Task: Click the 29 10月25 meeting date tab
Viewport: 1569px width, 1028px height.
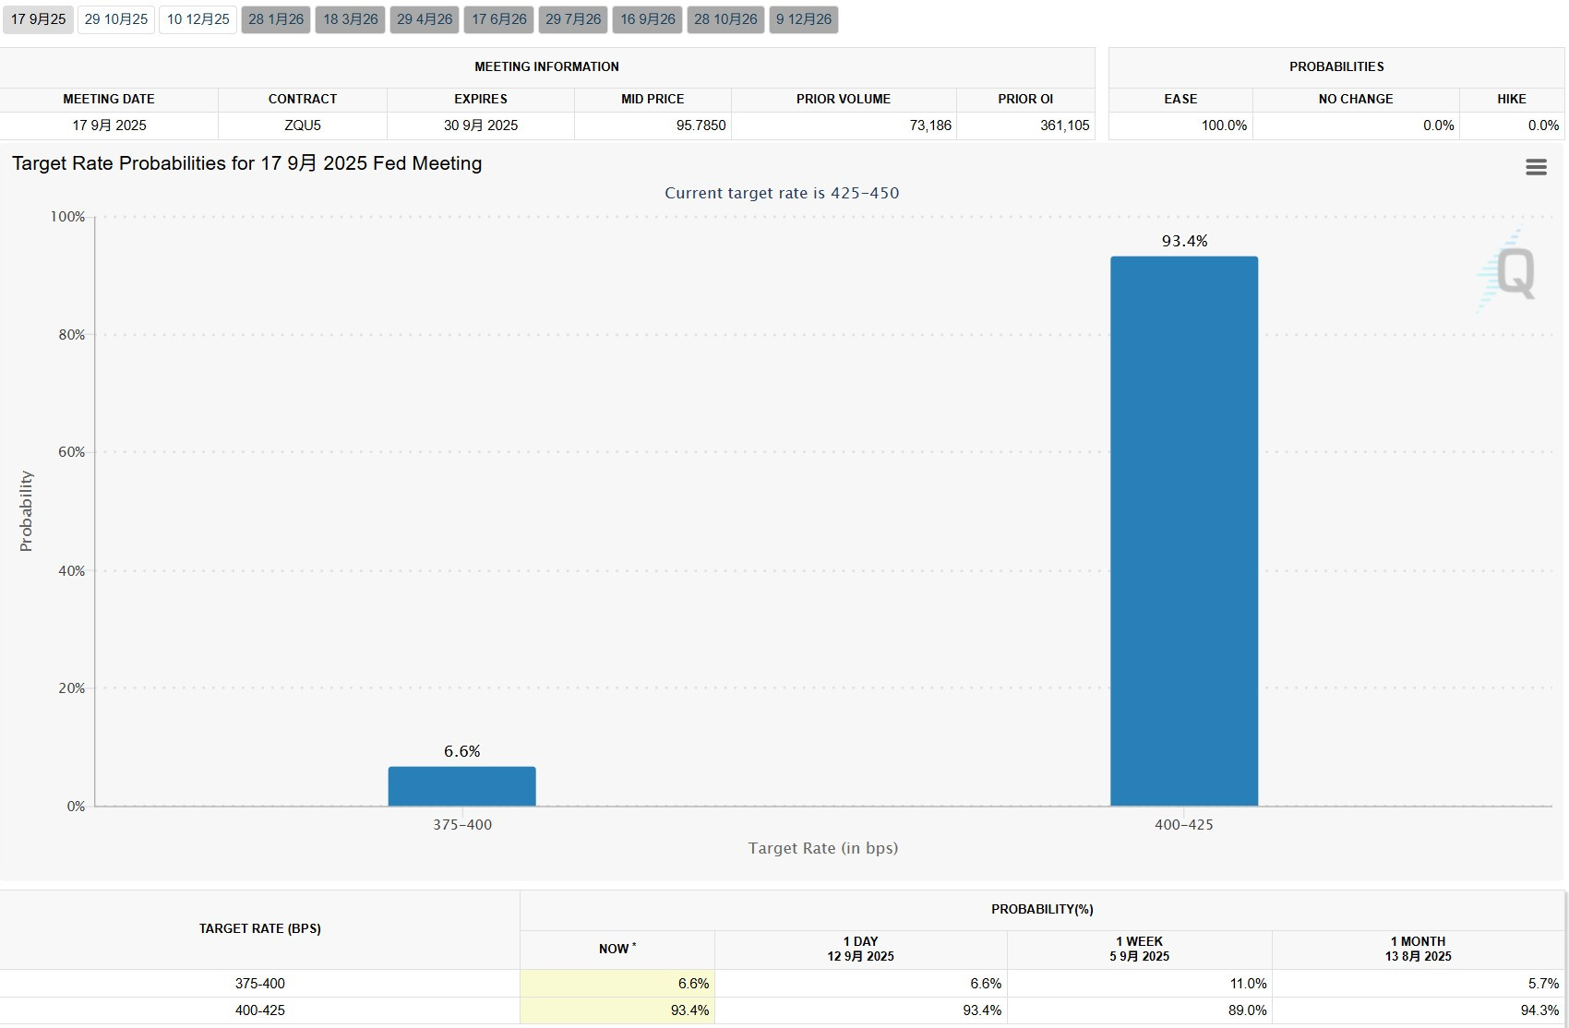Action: [x=116, y=18]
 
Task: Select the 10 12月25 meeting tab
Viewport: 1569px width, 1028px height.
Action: [x=198, y=18]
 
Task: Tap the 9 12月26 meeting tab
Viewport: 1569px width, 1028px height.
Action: [x=803, y=18]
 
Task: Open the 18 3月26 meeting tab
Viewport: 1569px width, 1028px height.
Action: [x=350, y=18]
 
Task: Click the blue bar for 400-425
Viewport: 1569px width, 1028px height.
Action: [x=1184, y=531]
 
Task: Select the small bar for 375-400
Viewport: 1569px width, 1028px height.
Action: [x=462, y=786]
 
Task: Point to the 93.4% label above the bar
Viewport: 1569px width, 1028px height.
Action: [x=1184, y=241]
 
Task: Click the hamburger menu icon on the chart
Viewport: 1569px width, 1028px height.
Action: [x=1536, y=167]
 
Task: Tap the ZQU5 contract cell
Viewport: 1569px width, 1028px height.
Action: [x=303, y=126]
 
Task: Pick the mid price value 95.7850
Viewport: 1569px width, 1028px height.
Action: [x=701, y=126]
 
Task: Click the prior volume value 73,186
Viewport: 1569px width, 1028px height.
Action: [x=930, y=126]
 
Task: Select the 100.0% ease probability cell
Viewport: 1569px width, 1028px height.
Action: [x=1224, y=126]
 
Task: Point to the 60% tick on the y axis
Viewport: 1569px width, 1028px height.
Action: [x=71, y=451]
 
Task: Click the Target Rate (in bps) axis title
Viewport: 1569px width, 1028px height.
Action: [x=823, y=848]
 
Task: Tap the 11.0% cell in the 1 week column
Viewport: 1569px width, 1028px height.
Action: [x=1248, y=983]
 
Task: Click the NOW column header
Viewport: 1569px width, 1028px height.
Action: [x=617, y=949]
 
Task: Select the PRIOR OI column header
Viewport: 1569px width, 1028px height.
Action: [x=1025, y=99]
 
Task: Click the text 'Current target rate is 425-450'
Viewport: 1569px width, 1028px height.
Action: [x=782, y=193]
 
